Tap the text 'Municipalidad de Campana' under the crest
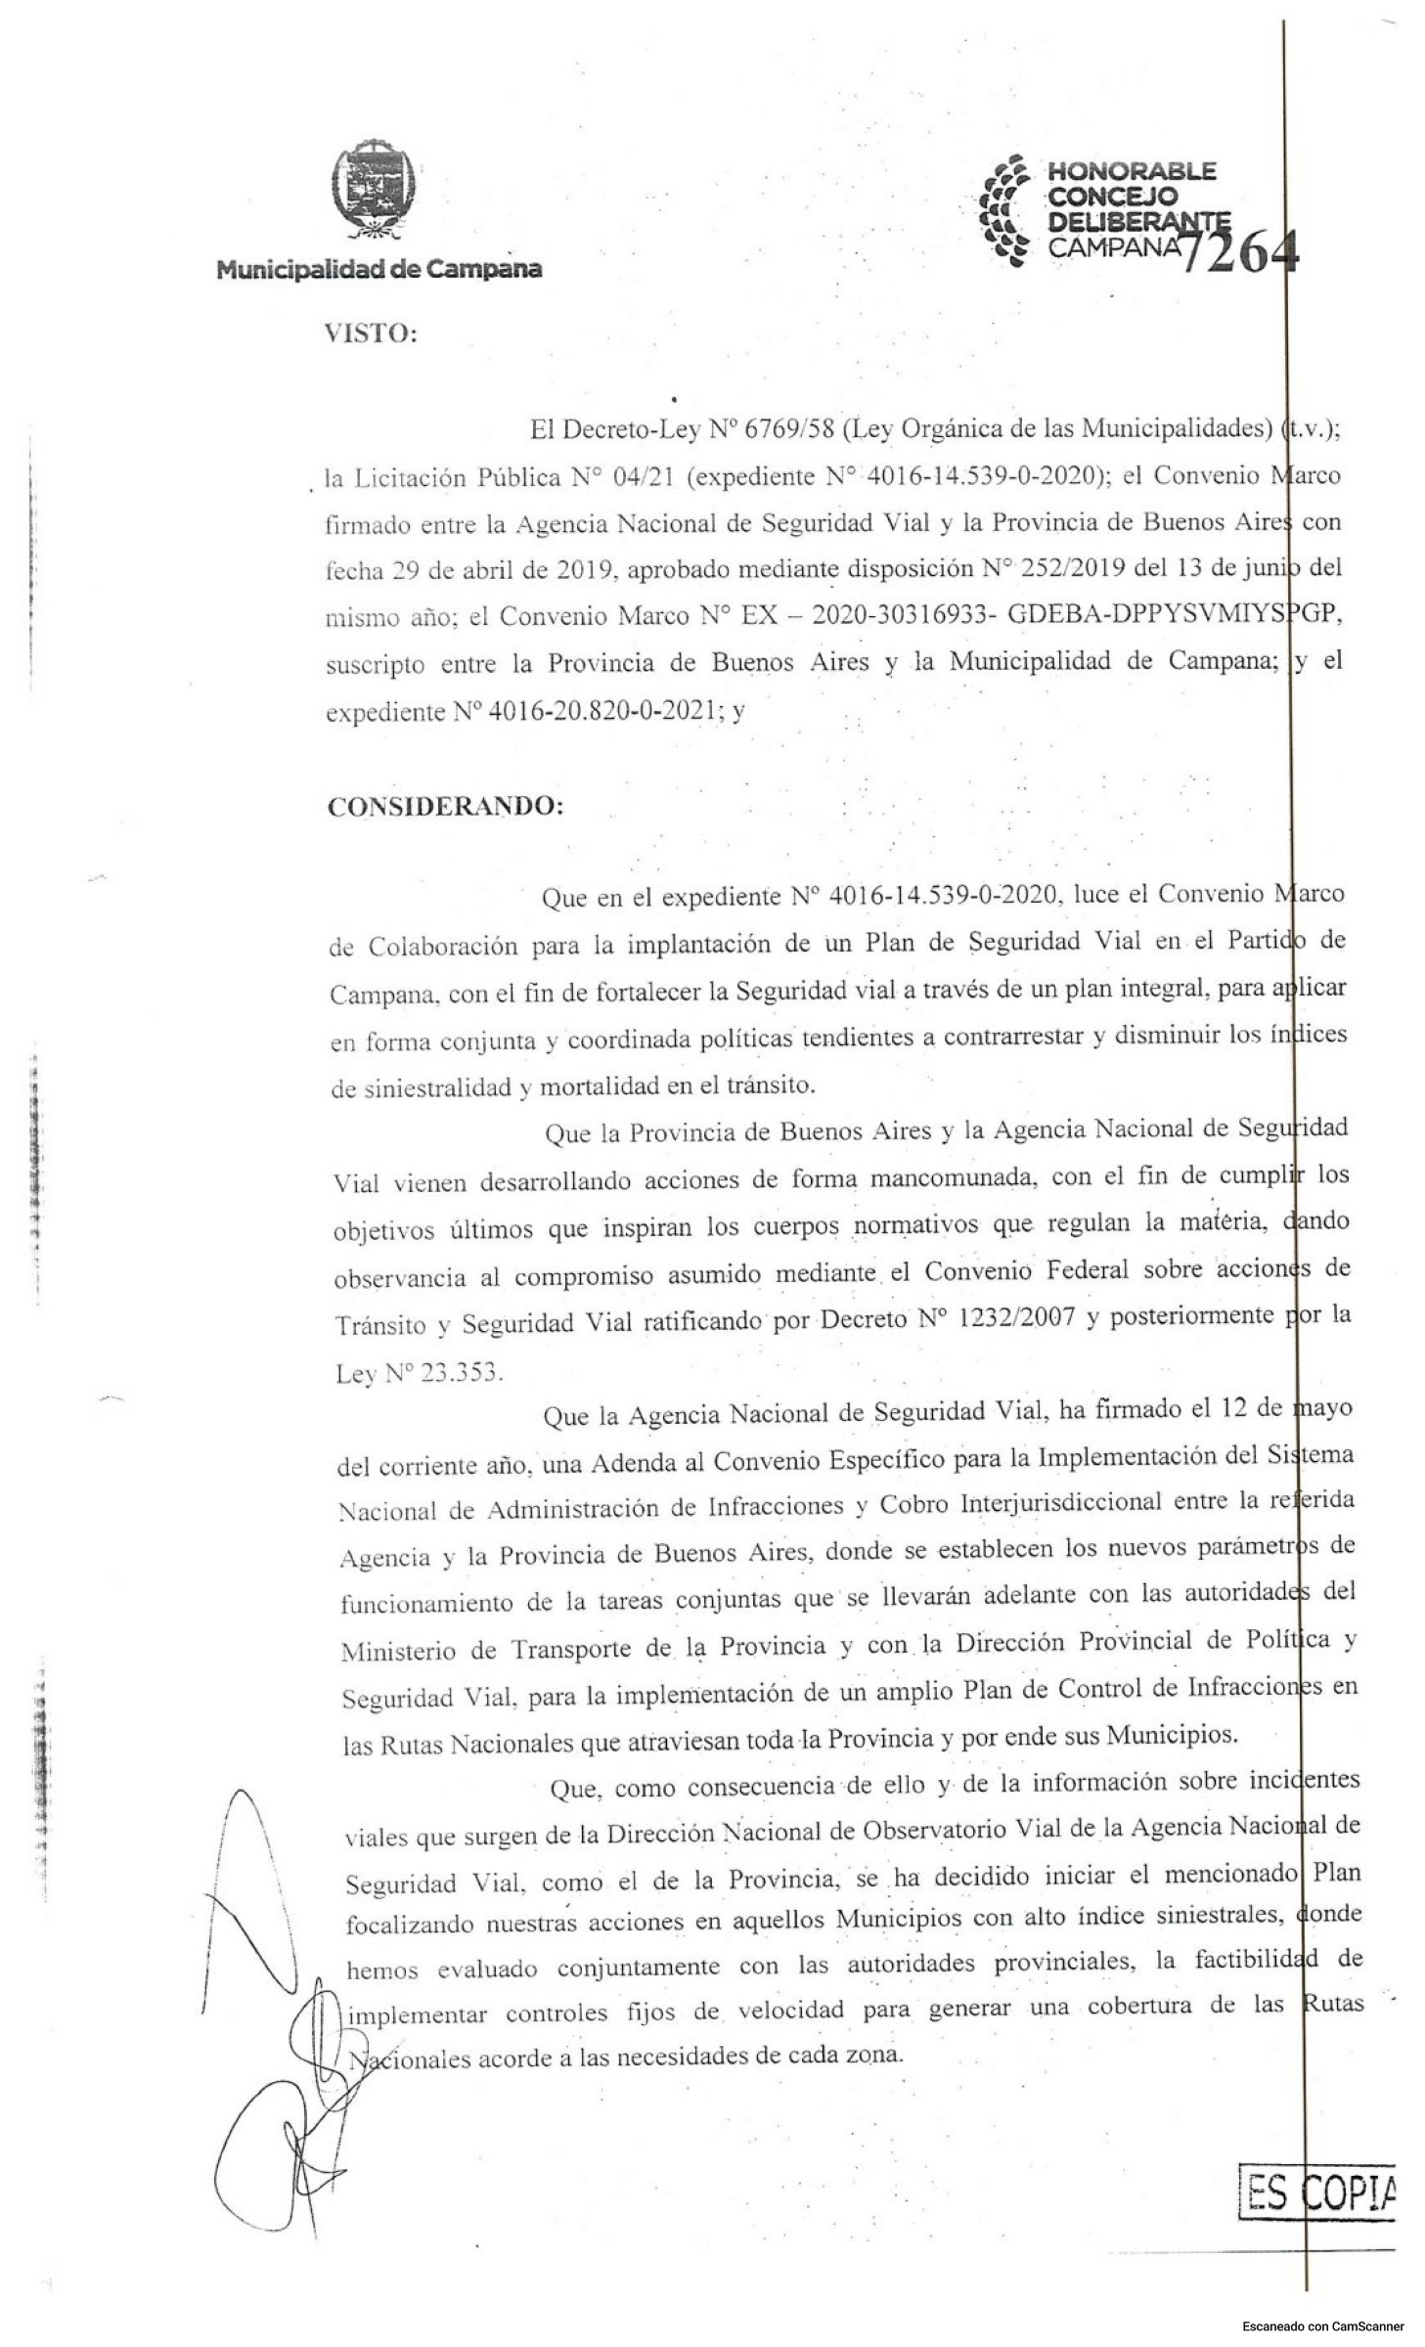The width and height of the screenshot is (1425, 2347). [x=379, y=269]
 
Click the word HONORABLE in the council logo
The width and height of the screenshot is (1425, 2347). [x=1132, y=171]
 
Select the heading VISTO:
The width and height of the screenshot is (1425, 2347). [x=371, y=333]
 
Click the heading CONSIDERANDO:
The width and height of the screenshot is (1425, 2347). [x=445, y=807]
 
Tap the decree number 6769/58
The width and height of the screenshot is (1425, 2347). [x=787, y=428]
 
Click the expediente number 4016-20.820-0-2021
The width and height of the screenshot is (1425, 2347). [x=601, y=711]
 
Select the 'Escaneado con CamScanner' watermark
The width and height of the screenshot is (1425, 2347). [x=1322, y=2325]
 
